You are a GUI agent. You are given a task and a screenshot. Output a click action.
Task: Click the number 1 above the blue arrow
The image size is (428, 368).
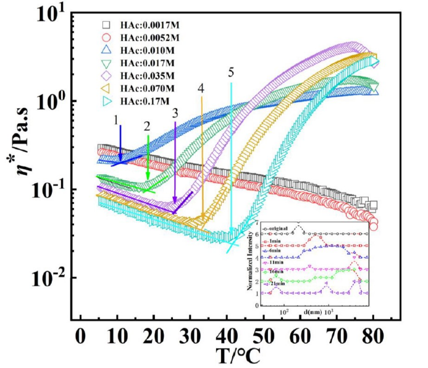point(115,121)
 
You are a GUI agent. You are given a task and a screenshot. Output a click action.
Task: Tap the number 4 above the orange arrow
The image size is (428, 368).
point(201,88)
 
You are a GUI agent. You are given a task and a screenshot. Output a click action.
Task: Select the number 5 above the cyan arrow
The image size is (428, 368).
point(231,72)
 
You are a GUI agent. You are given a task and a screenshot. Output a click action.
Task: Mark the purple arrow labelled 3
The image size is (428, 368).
point(175,167)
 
